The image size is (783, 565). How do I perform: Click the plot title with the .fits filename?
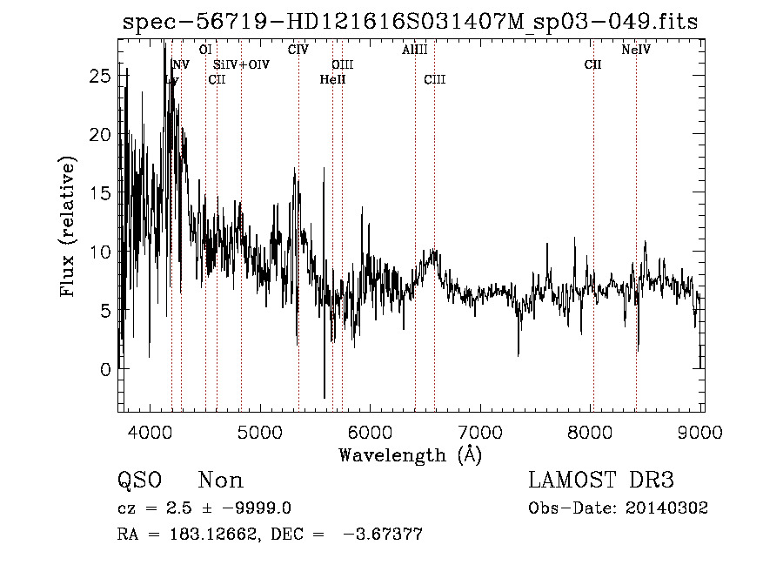pyautogui.click(x=410, y=23)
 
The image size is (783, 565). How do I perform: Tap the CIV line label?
pyautogui.click(x=298, y=50)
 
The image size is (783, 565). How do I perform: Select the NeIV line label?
pyautogui.click(x=636, y=50)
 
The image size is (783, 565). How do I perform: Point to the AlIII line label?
pyautogui.click(x=415, y=50)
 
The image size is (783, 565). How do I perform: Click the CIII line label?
pyautogui.click(x=435, y=80)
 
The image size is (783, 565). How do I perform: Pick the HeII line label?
pyautogui.click(x=332, y=80)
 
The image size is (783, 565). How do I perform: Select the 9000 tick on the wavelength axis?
pyautogui.click(x=702, y=431)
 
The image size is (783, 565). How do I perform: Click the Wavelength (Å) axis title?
pyautogui.click(x=410, y=454)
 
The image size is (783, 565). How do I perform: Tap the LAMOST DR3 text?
pyautogui.click(x=601, y=481)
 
